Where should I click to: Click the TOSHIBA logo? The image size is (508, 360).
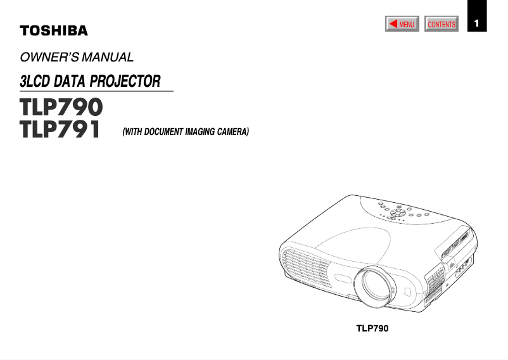click(54, 30)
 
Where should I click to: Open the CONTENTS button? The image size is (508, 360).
click(441, 25)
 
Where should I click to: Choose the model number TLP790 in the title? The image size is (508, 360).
click(61, 106)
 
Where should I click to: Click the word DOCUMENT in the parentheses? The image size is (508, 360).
click(163, 132)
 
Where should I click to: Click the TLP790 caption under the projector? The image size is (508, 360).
click(372, 328)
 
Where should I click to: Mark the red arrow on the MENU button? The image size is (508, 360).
click(393, 24)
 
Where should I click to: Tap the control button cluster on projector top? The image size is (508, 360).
click(399, 212)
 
